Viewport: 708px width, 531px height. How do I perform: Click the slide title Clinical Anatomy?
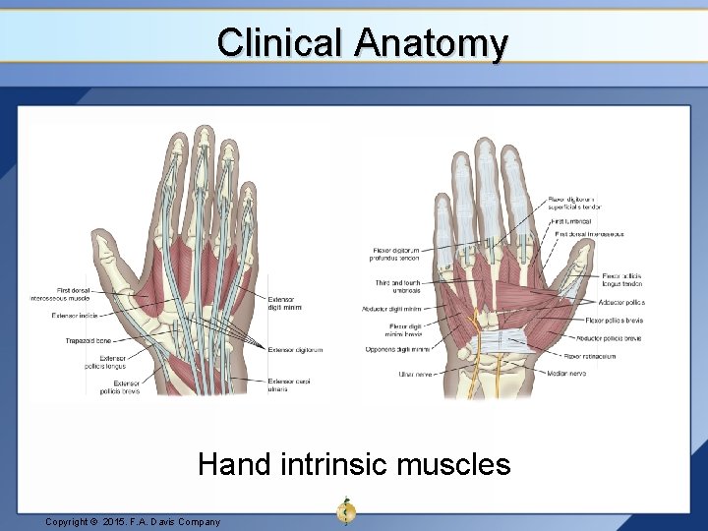(362, 43)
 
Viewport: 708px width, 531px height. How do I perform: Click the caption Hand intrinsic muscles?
(354, 463)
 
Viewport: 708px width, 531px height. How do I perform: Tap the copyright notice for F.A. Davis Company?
(133, 521)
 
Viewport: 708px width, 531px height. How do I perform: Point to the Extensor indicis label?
(75, 316)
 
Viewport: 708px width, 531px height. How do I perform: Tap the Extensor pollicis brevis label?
(119, 386)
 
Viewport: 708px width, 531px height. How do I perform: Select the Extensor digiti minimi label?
(284, 303)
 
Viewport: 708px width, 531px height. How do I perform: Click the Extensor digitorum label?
(295, 349)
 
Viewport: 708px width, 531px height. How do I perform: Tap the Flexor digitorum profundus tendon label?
(395, 255)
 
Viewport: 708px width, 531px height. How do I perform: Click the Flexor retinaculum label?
(589, 356)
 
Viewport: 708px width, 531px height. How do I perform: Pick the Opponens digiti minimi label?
(395, 349)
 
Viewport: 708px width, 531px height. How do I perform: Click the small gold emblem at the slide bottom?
(345, 510)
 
